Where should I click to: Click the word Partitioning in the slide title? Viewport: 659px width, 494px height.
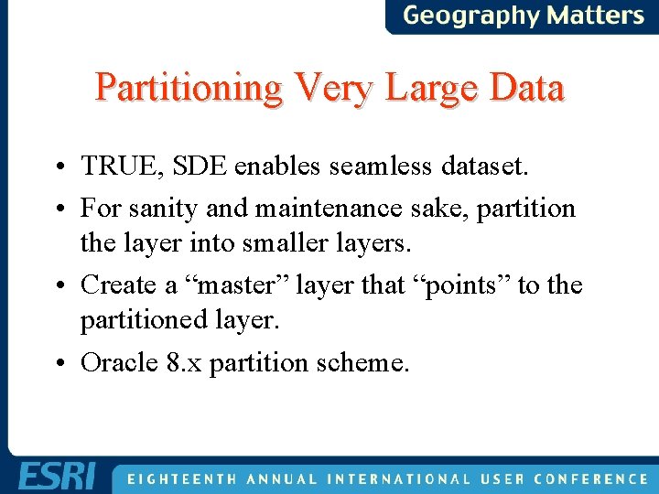click(189, 89)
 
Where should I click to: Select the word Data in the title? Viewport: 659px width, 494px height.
click(526, 89)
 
